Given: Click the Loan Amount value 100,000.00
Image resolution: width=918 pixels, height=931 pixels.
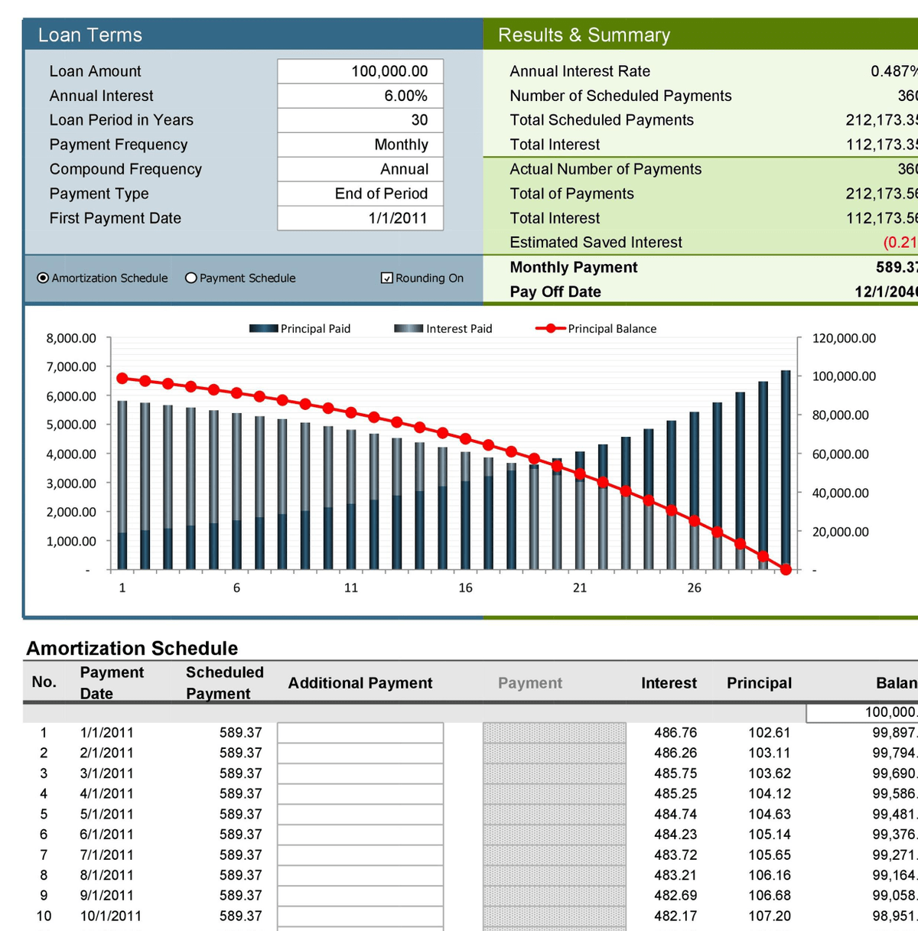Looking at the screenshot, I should click(360, 71).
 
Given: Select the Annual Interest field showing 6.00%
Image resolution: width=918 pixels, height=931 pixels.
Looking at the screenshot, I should click(360, 96).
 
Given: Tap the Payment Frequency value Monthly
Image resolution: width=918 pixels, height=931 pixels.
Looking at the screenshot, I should click(360, 145).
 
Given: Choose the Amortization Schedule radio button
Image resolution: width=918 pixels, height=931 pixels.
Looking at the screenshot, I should click(43, 278).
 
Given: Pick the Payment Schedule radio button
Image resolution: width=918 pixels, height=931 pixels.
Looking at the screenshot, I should click(191, 278).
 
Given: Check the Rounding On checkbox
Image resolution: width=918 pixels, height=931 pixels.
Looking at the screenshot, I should click(387, 278).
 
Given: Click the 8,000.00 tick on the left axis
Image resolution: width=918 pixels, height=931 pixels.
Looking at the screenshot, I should click(71, 338).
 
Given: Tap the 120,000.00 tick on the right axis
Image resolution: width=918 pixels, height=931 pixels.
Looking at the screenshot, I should click(844, 338).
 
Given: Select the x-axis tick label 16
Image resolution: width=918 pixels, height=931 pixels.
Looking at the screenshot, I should click(465, 588).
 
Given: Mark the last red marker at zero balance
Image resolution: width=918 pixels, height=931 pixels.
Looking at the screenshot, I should click(786, 569).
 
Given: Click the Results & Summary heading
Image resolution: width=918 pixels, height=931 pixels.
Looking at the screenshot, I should click(584, 35).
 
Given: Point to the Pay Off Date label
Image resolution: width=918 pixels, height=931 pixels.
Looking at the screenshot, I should click(555, 291).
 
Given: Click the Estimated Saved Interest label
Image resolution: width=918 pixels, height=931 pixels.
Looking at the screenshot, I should click(596, 243).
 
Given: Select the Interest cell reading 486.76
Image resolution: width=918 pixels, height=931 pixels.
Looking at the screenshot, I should click(675, 733).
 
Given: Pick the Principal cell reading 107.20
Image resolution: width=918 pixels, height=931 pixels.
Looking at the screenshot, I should click(769, 916).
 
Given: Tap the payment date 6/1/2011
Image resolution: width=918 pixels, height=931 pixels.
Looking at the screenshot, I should click(106, 835).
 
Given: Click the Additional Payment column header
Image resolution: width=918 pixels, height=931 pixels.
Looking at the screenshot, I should click(360, 683).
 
